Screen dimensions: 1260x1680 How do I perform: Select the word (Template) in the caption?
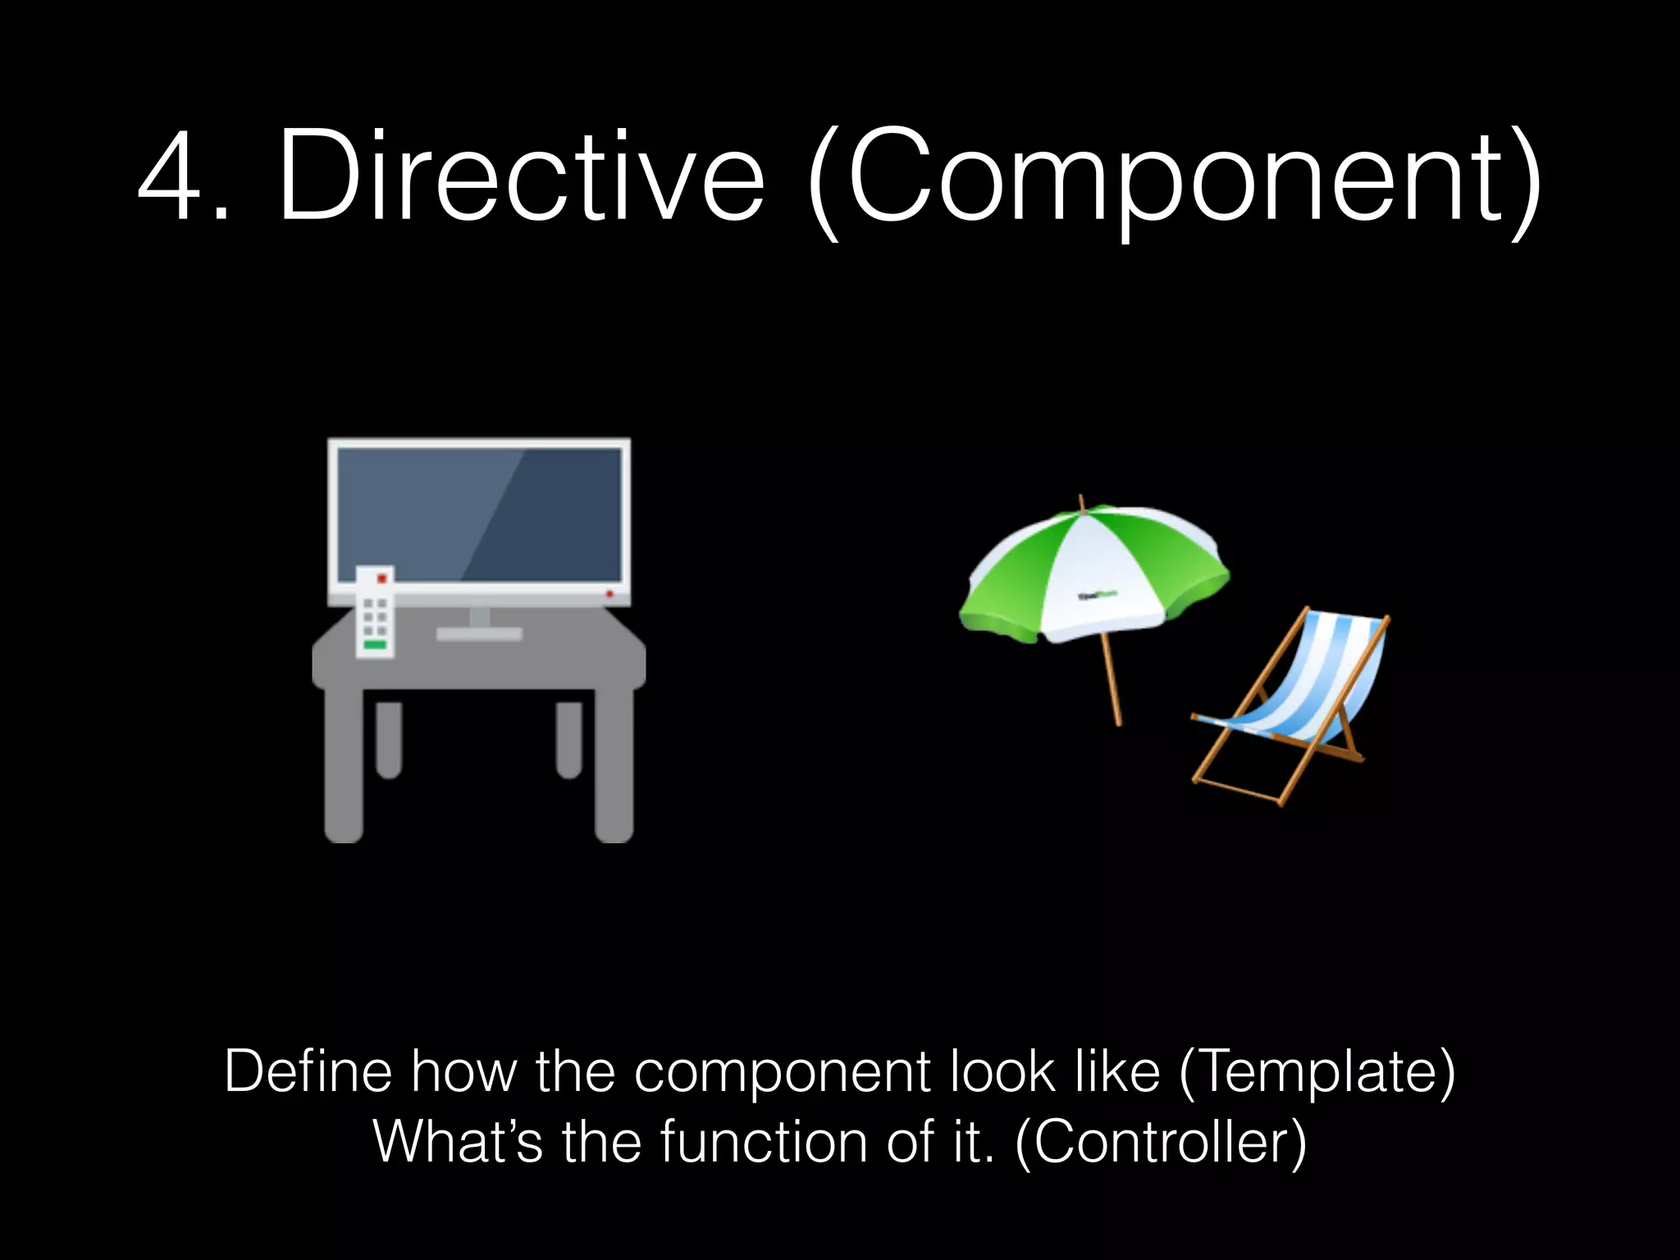pyautogui.click(x=1317, y=1072)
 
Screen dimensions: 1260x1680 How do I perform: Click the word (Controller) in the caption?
pyautogui.click(x=1161, y=1142)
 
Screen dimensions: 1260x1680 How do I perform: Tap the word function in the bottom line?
pyautogui.click(x=763, y=1142)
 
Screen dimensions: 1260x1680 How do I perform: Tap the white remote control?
pyautogui.click(x=375, y=611)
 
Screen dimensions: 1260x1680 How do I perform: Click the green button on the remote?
pyautogui.click(x=375, y=646)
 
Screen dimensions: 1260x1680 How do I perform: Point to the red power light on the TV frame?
pyautogui.click(x=609, y=593)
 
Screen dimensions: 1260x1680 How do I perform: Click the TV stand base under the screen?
pyautogui.click(x=479, y=633)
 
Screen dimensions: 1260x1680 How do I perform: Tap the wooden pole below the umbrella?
pyautogui.click(x=1112, y=681)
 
